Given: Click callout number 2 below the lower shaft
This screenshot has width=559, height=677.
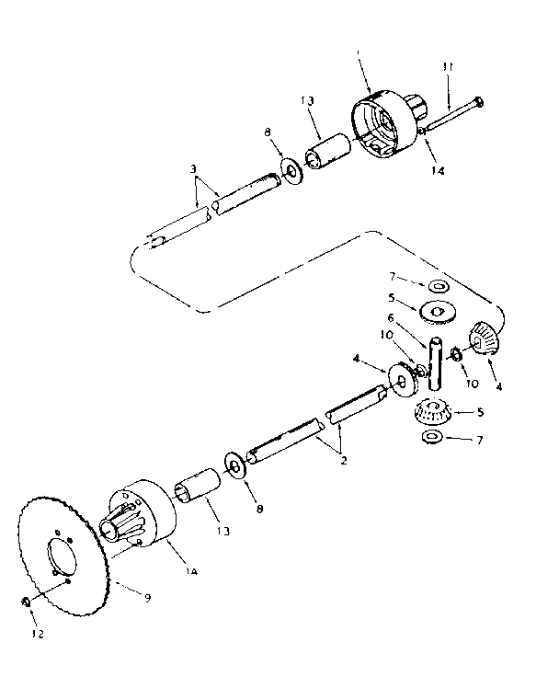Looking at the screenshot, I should tap(342, 458).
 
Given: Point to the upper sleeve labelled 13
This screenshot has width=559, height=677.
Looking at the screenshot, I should tap(328, 150).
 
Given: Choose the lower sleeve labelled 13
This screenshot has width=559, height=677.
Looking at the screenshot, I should tap(200, 488).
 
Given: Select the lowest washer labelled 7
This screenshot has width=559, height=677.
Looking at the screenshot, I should tap(431, 434).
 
